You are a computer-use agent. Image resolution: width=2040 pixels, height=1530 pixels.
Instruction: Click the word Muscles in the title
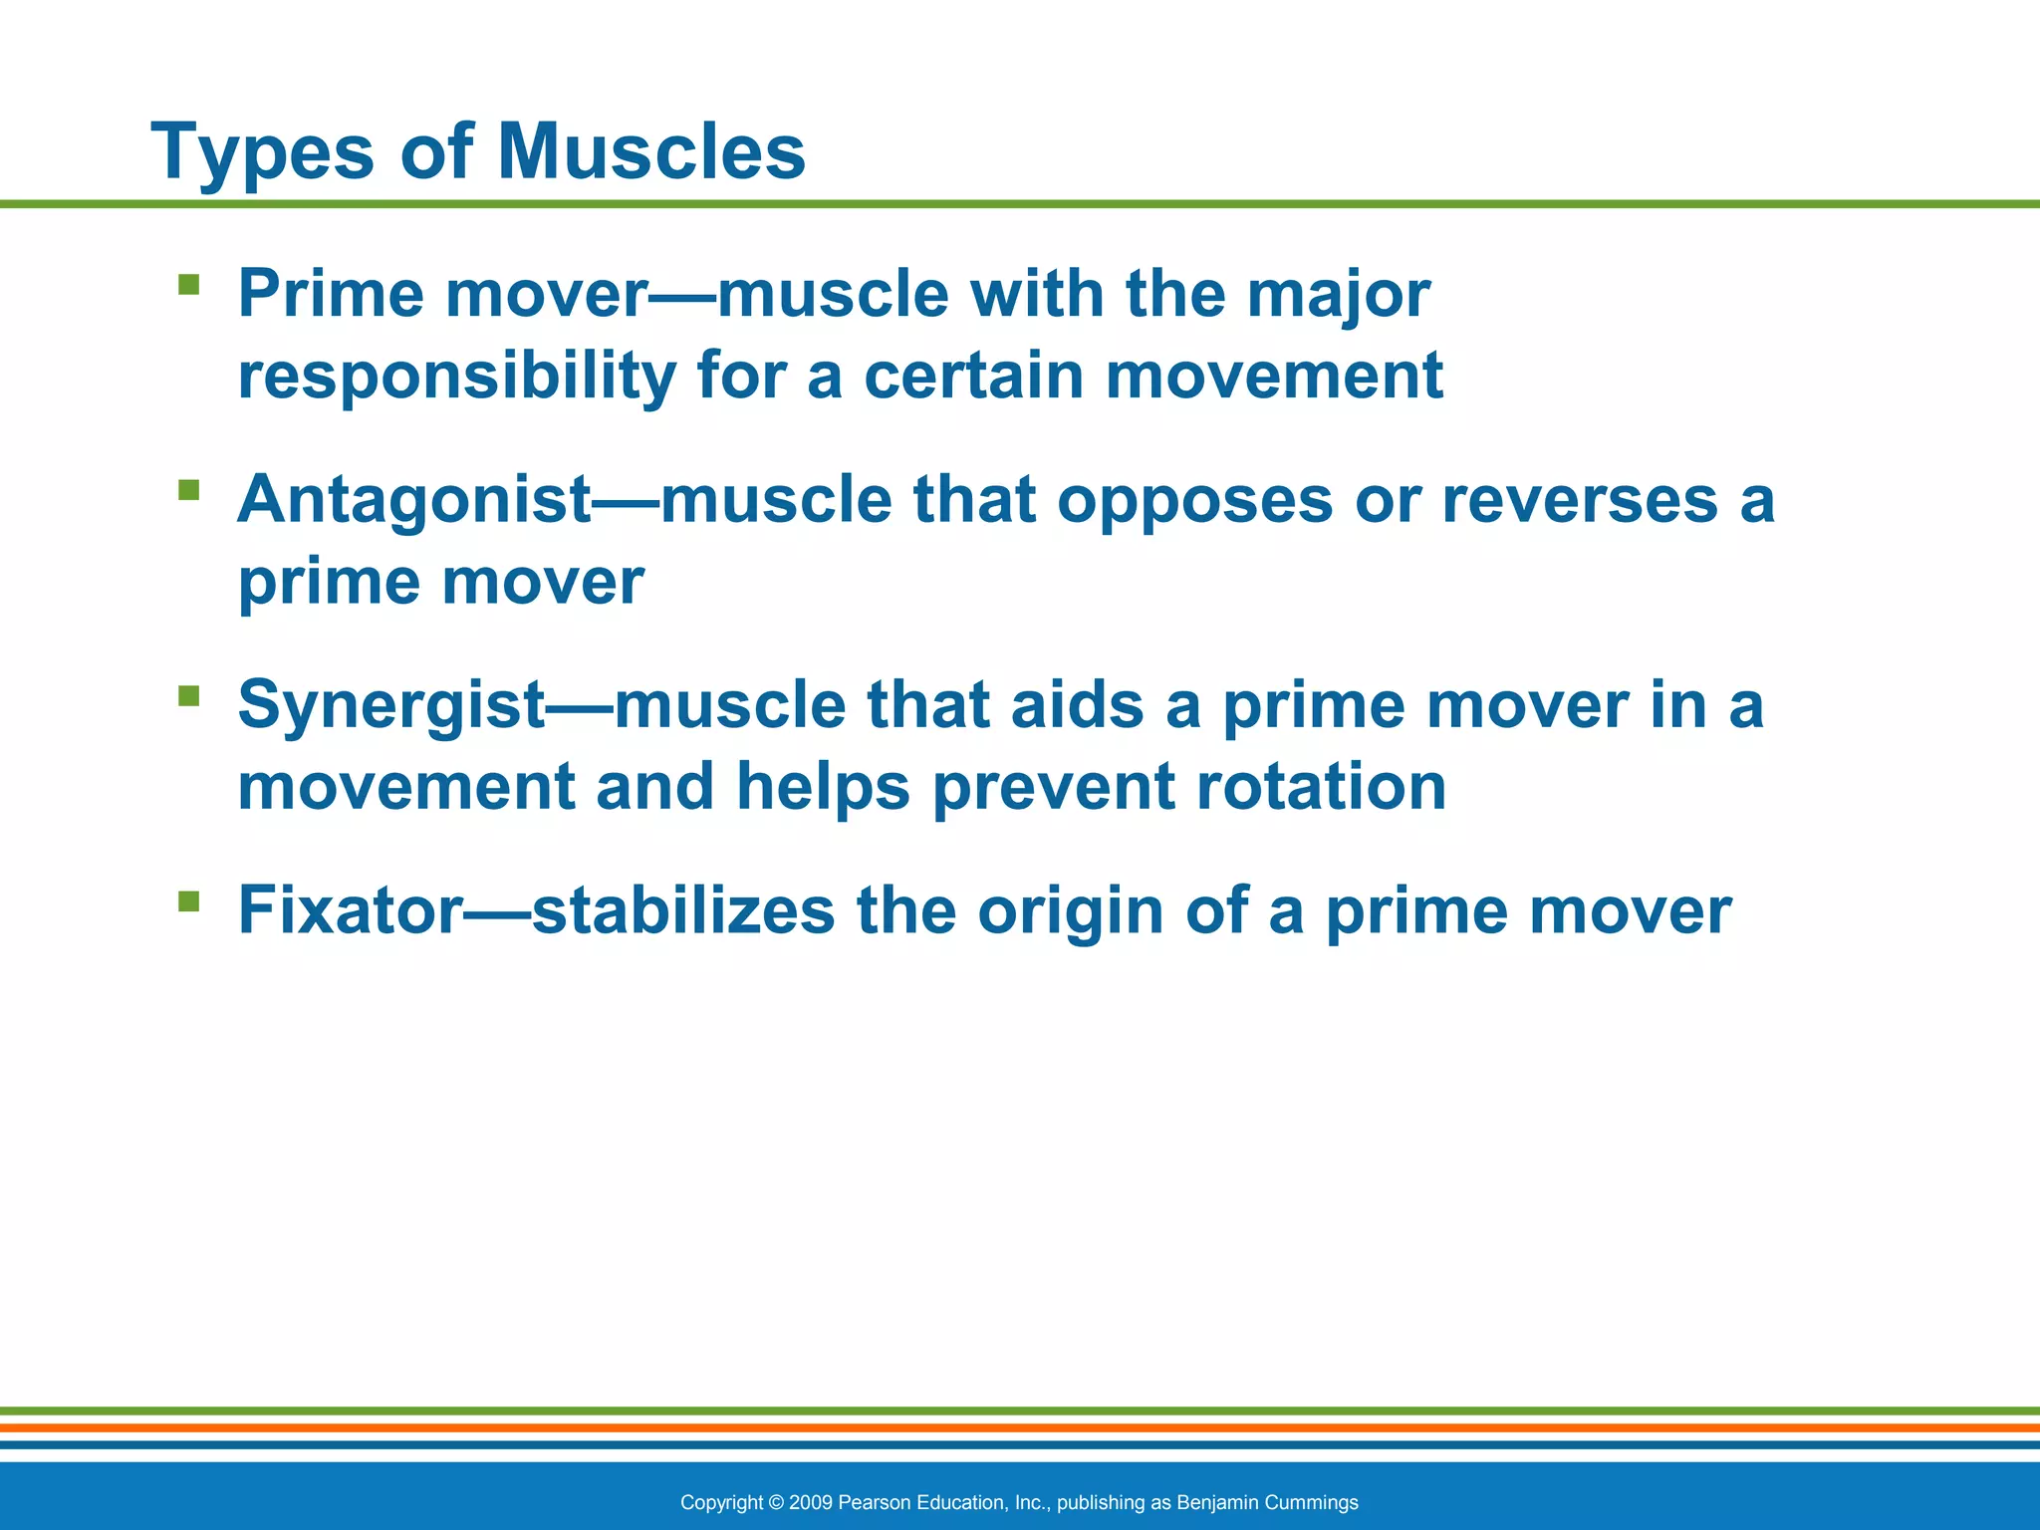point(650,152)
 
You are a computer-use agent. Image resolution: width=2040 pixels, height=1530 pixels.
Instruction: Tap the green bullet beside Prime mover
point(188,285)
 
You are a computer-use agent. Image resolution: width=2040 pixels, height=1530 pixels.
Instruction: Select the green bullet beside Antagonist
point(188,490)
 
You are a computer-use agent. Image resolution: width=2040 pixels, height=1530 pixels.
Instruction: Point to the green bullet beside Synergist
point(188,695)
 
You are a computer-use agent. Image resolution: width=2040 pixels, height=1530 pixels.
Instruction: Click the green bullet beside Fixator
point(188,900)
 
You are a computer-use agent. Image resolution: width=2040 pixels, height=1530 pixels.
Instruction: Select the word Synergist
point(391,705)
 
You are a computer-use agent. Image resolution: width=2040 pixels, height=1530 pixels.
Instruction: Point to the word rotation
point(1321,786)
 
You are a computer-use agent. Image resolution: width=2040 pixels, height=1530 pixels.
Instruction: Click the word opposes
point(1194,501)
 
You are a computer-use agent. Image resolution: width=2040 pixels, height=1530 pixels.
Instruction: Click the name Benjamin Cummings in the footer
point(1267,1502)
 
